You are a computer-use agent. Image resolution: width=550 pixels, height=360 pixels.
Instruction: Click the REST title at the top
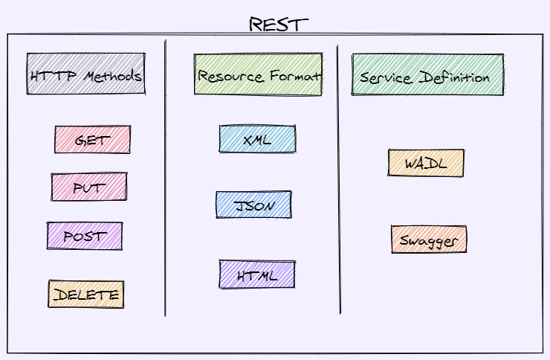279,25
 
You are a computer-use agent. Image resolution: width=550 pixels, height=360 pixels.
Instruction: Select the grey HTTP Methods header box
86,74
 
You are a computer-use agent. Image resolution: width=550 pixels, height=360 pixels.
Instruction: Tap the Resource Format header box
258,74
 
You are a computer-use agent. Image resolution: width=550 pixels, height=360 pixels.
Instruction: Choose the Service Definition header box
427,74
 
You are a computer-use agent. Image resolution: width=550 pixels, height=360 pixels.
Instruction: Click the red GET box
92,139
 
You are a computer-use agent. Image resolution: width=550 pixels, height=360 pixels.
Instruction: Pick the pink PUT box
89,187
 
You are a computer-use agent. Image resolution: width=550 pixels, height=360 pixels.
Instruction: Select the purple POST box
85,236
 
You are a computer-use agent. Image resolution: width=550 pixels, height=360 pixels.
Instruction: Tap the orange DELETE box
86,294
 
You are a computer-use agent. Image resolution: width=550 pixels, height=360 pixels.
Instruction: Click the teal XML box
257,138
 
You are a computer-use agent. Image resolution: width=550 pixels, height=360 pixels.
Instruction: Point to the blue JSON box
253,205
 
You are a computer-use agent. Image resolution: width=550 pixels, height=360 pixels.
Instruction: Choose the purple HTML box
257,274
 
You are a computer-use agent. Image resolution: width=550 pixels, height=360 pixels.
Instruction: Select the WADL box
426,163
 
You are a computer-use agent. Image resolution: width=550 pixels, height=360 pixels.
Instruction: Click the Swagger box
429,240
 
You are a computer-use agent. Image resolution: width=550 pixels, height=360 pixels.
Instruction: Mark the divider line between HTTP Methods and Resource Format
165,178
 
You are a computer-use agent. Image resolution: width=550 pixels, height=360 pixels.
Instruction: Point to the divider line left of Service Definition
339,179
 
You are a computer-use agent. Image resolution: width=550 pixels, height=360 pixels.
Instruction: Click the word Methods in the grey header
112,76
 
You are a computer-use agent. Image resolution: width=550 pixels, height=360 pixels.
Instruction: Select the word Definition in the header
454,77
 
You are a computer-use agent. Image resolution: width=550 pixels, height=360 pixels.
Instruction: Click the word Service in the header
386,78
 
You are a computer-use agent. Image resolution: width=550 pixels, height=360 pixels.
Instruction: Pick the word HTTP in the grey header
54,76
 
